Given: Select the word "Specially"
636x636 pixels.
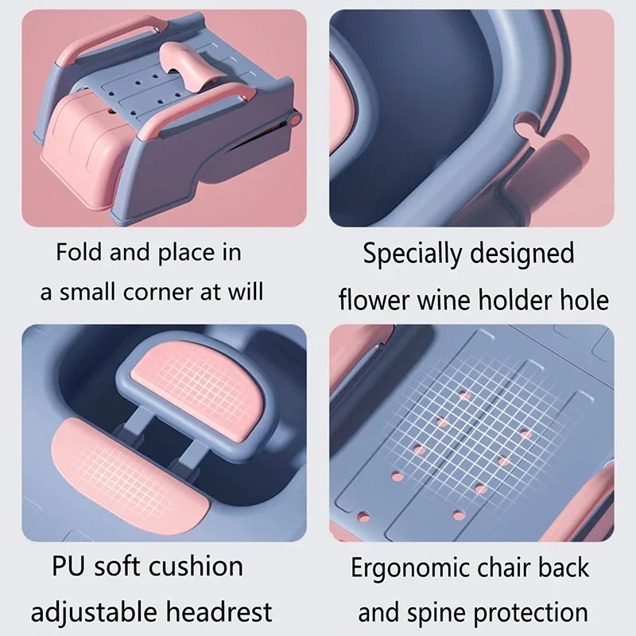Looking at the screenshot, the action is click(x=412, y=254).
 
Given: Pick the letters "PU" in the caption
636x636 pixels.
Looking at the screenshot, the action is click(x=68, y=566).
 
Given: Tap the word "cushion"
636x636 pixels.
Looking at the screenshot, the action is click(x=196, y=566).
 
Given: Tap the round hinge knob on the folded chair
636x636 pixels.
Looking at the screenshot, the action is click(x=295, y=119).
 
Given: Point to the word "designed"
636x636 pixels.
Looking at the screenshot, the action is click(x=522, y=254).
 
